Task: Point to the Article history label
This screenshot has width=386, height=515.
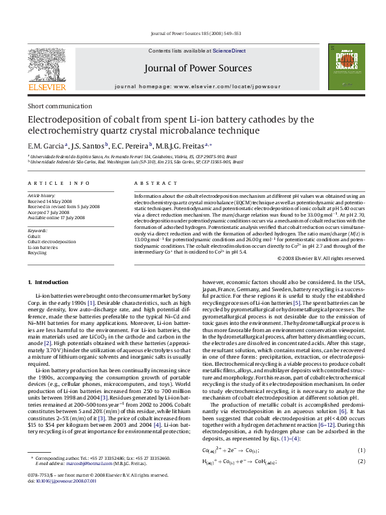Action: pyautogui.click(x=42, y=177)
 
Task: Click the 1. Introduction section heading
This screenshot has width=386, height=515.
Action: pyautogui.click(x=45, y=282)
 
